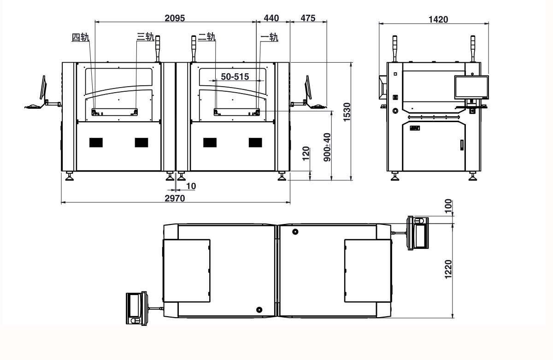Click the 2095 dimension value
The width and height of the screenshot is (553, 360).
click(x=175, y=18)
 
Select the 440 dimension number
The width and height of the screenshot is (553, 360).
click(x=271, y=18)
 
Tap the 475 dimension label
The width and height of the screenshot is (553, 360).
click(x=308, y=18)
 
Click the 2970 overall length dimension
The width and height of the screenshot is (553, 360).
click(x=175, y=198)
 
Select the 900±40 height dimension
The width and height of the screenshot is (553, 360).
click(x=327, y=147)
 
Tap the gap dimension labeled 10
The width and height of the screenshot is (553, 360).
click(x=191, y=186)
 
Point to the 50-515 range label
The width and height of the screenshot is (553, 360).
click(x=235, y=77)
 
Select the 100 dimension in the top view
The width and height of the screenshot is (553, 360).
click(x=449, y=204)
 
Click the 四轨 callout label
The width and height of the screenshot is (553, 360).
click(x=80, y=37)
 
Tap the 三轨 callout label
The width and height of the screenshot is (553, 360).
click(x=145, y=37)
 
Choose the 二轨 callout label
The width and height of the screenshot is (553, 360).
click(x=206, y=37)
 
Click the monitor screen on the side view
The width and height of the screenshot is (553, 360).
click(x=471, y=86)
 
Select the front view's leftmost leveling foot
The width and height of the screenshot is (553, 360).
click(x=70, y=177)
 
